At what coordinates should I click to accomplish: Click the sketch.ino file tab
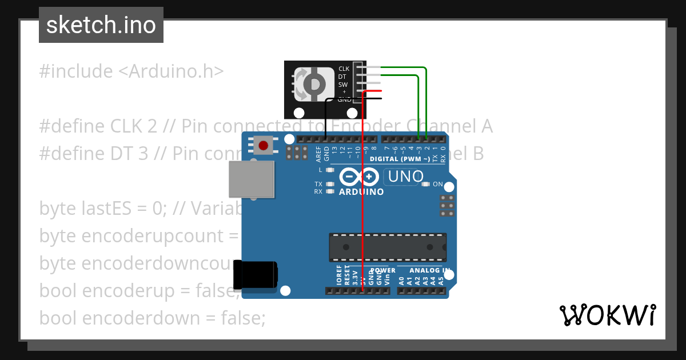point(101,25)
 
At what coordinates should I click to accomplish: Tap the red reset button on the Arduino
point(263,146)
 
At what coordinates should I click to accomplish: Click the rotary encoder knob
point(314,85)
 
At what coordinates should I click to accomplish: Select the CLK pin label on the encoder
point(344,69)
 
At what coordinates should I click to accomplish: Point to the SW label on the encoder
point(343,85)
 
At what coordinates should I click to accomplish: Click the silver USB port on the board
point(250,179)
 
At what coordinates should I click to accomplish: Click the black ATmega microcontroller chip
point(387,246)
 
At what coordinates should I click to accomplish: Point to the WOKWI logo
point(607,315)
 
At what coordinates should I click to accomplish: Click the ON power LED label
point(438,184)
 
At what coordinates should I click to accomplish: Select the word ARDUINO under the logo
point(361,192)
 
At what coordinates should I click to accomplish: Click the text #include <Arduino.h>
point(131,71)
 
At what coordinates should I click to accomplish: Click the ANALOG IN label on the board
point(429,270)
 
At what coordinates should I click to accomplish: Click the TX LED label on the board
point(318,184)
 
